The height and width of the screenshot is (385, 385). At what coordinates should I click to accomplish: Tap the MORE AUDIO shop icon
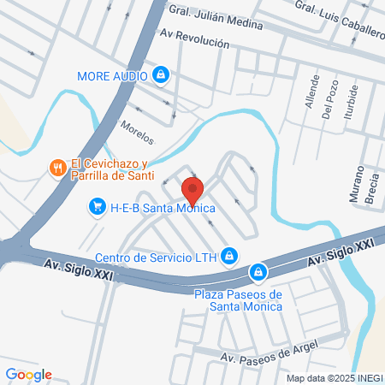(160, 75)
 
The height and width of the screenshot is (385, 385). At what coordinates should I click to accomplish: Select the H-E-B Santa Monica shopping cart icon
(97, 207)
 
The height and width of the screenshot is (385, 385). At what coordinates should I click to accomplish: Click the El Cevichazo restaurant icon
(58, 169)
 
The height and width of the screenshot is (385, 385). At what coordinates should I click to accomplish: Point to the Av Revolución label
(195, 40)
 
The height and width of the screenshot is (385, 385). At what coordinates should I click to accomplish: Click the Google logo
(28, 374)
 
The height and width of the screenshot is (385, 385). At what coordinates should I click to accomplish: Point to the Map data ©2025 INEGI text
(334, 378)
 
